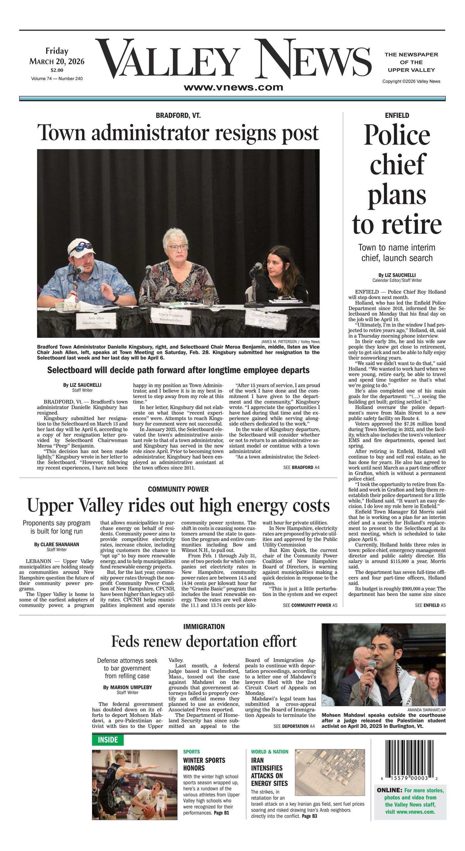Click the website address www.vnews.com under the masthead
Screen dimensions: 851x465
[x=233, y=87]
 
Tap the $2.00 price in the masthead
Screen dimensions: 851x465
[x=57, y=70]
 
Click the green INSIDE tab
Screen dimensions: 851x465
[x=108, y=740]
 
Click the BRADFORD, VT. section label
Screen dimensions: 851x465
[x=178, y=115]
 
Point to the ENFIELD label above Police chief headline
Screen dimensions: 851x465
[x=397, y=115]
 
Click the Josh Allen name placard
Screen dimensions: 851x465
[x=96, y=320]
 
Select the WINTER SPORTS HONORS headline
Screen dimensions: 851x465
[x=204, y=764]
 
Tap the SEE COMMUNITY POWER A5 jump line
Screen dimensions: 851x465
[x=310, y=605]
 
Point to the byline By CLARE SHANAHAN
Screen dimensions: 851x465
[x=56, y=544]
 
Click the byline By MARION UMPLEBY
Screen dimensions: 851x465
[x=128, y=687]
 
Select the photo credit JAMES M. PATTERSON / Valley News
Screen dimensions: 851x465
[x=290, y=342]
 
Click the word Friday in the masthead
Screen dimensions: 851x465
[x=57, y=51]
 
